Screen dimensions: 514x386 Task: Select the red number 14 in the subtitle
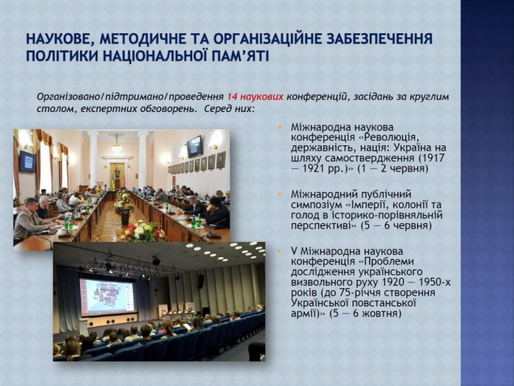click(232, 97)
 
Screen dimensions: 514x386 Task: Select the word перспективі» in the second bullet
click(324, 226)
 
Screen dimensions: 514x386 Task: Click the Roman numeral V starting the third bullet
click(294, 251)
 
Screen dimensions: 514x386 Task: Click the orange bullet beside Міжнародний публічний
click(280, 194)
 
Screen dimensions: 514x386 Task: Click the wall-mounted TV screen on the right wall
click(195, 147)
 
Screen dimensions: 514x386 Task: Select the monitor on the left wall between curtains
click(27, 162)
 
